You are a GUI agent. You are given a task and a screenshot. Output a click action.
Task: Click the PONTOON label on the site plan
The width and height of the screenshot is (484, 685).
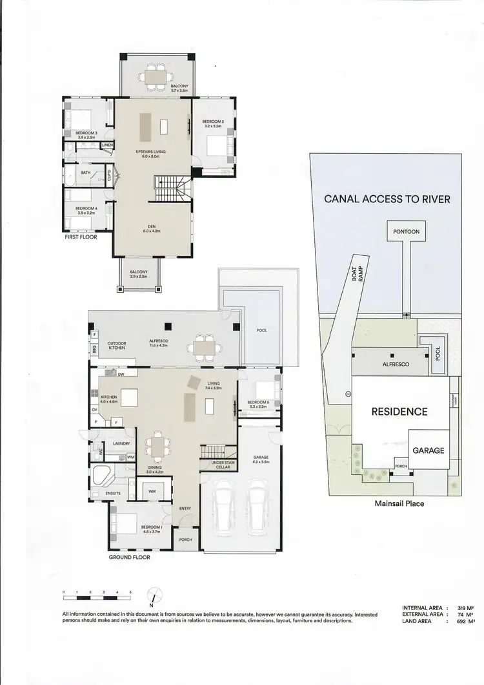(x=407, y=231)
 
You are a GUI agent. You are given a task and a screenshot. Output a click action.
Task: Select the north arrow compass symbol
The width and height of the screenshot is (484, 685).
(x=153, y=595)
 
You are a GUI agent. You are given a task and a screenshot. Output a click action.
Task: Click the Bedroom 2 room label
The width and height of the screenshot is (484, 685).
(x=212, y=124)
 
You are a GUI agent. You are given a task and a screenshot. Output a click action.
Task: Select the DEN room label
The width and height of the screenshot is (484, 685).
(x=153, y=227)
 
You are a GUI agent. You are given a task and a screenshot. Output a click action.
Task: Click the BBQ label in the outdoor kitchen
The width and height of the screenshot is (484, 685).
(x=94, y=348)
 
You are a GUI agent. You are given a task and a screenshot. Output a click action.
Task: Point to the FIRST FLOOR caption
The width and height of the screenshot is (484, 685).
(x=81, y=238)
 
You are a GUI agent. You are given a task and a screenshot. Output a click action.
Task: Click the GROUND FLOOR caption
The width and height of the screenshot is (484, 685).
(x=130, y=557)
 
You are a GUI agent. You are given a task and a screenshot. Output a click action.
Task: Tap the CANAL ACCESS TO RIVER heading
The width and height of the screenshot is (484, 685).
(x=387, y=199)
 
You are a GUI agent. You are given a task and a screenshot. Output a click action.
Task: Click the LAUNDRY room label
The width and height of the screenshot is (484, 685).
(x=122, y=443)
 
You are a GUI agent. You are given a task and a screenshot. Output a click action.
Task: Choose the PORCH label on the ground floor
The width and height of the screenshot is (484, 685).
(x=186, y=540)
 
